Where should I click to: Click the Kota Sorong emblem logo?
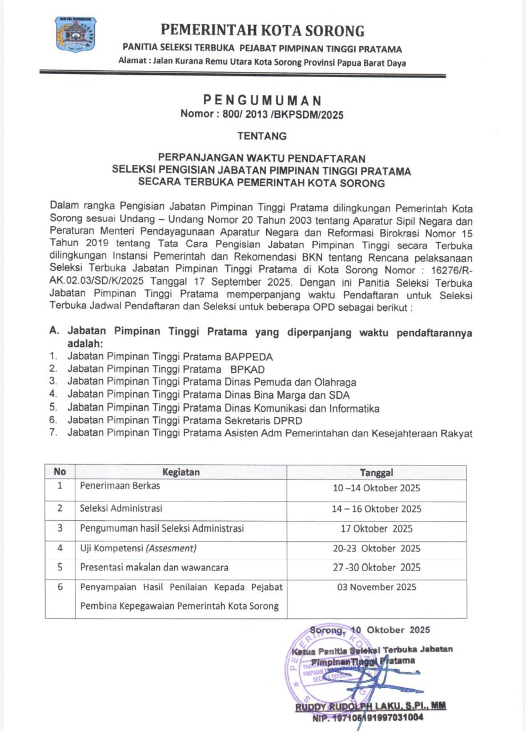click(75, 35)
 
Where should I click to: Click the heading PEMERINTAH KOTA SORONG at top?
click(263, 30)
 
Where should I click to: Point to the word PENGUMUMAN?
click(262, 101)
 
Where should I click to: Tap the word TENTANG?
click(262, 136)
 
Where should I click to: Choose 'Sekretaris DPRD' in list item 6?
click(257, 420)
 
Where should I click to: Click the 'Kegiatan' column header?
click(181, 472)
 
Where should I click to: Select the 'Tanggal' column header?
click(376, 472)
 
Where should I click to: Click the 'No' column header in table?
click(60, 472)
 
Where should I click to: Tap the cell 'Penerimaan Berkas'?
click(120, 487)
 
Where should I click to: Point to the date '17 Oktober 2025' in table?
click(377, 528)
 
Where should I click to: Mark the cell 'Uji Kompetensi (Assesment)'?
click(138, 548)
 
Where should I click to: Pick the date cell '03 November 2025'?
click(377, 587)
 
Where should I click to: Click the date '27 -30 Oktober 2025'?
click(377, 567)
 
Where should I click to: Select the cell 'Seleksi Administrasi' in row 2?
click(121, 508)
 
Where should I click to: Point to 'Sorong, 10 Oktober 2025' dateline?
click(370, 630)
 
